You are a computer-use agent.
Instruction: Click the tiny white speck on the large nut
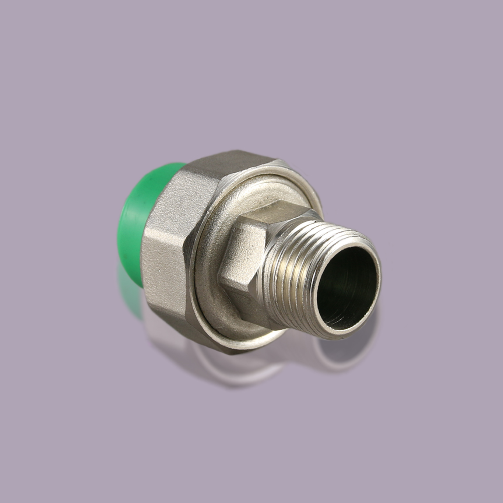tap(159, 270)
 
